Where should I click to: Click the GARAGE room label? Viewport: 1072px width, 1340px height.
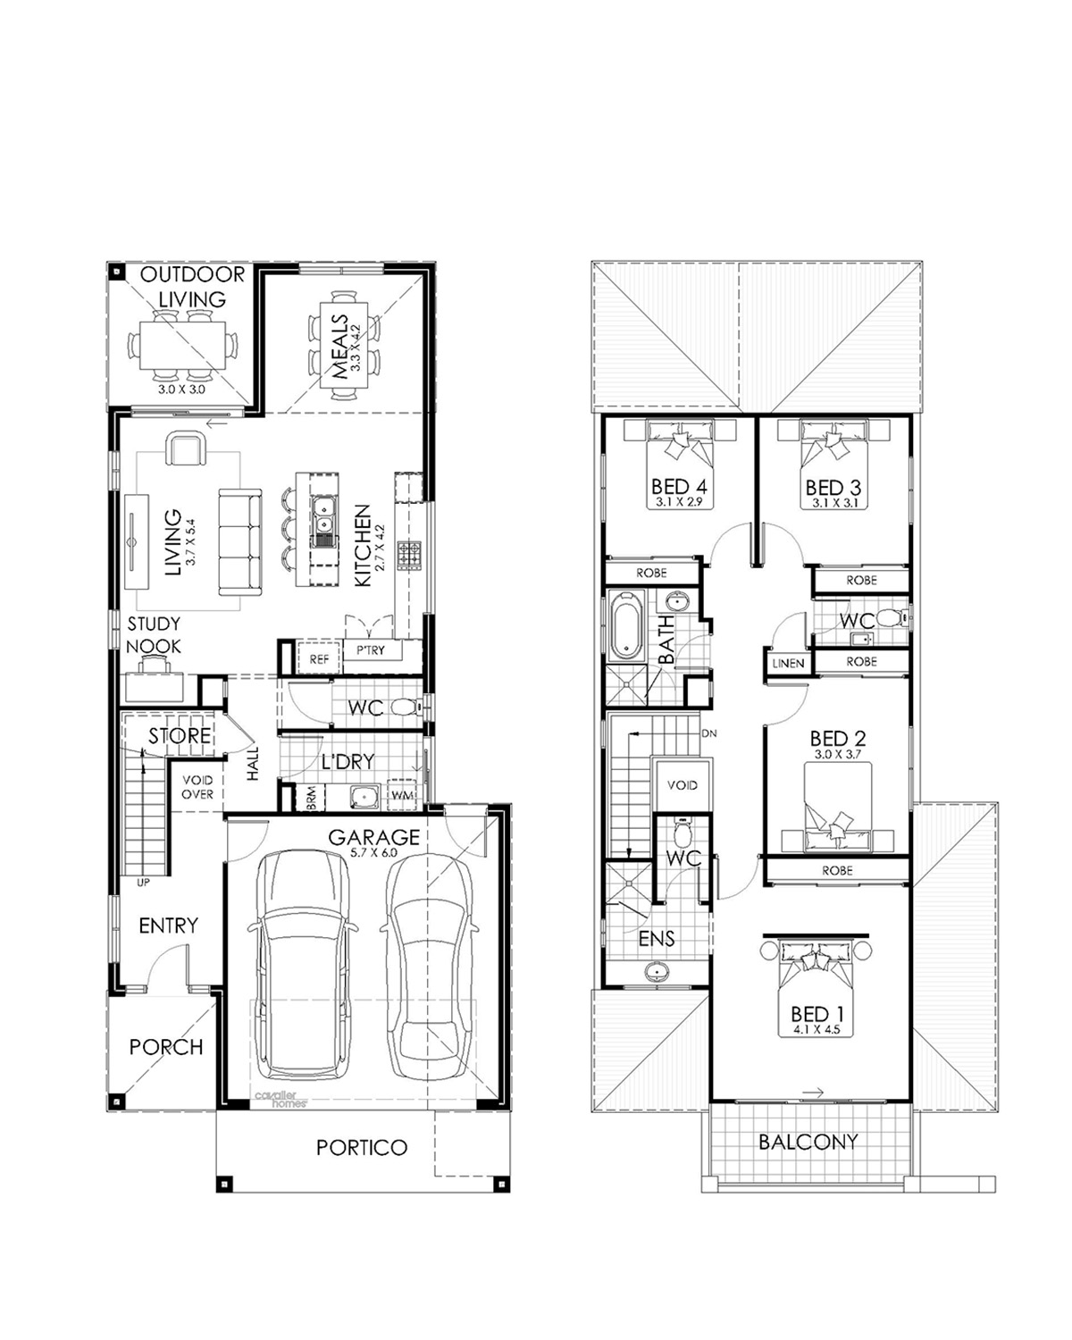click(x=373, y=837)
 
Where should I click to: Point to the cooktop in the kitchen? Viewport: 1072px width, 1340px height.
click(x=409, y=555)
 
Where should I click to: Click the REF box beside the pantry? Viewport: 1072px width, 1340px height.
click(x=319, y=658)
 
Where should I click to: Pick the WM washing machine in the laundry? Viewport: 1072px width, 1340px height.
click(x=402, y=795)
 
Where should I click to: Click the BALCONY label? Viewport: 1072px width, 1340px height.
click(x=808, y=1142)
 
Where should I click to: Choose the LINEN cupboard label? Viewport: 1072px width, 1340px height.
click(x=788, y=664)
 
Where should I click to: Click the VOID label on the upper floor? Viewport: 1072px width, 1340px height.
click(x=683, y=785)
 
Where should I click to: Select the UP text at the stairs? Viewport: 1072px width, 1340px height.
click(x=143, y=882)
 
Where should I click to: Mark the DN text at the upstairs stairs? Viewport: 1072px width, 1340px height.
click(x=708, y=733)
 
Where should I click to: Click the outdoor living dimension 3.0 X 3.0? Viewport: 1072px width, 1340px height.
click(x=181, y=389)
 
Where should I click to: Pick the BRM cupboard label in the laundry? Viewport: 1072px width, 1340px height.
click(x=312, y=798)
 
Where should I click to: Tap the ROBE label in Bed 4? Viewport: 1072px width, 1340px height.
click(x=651, y=573)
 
